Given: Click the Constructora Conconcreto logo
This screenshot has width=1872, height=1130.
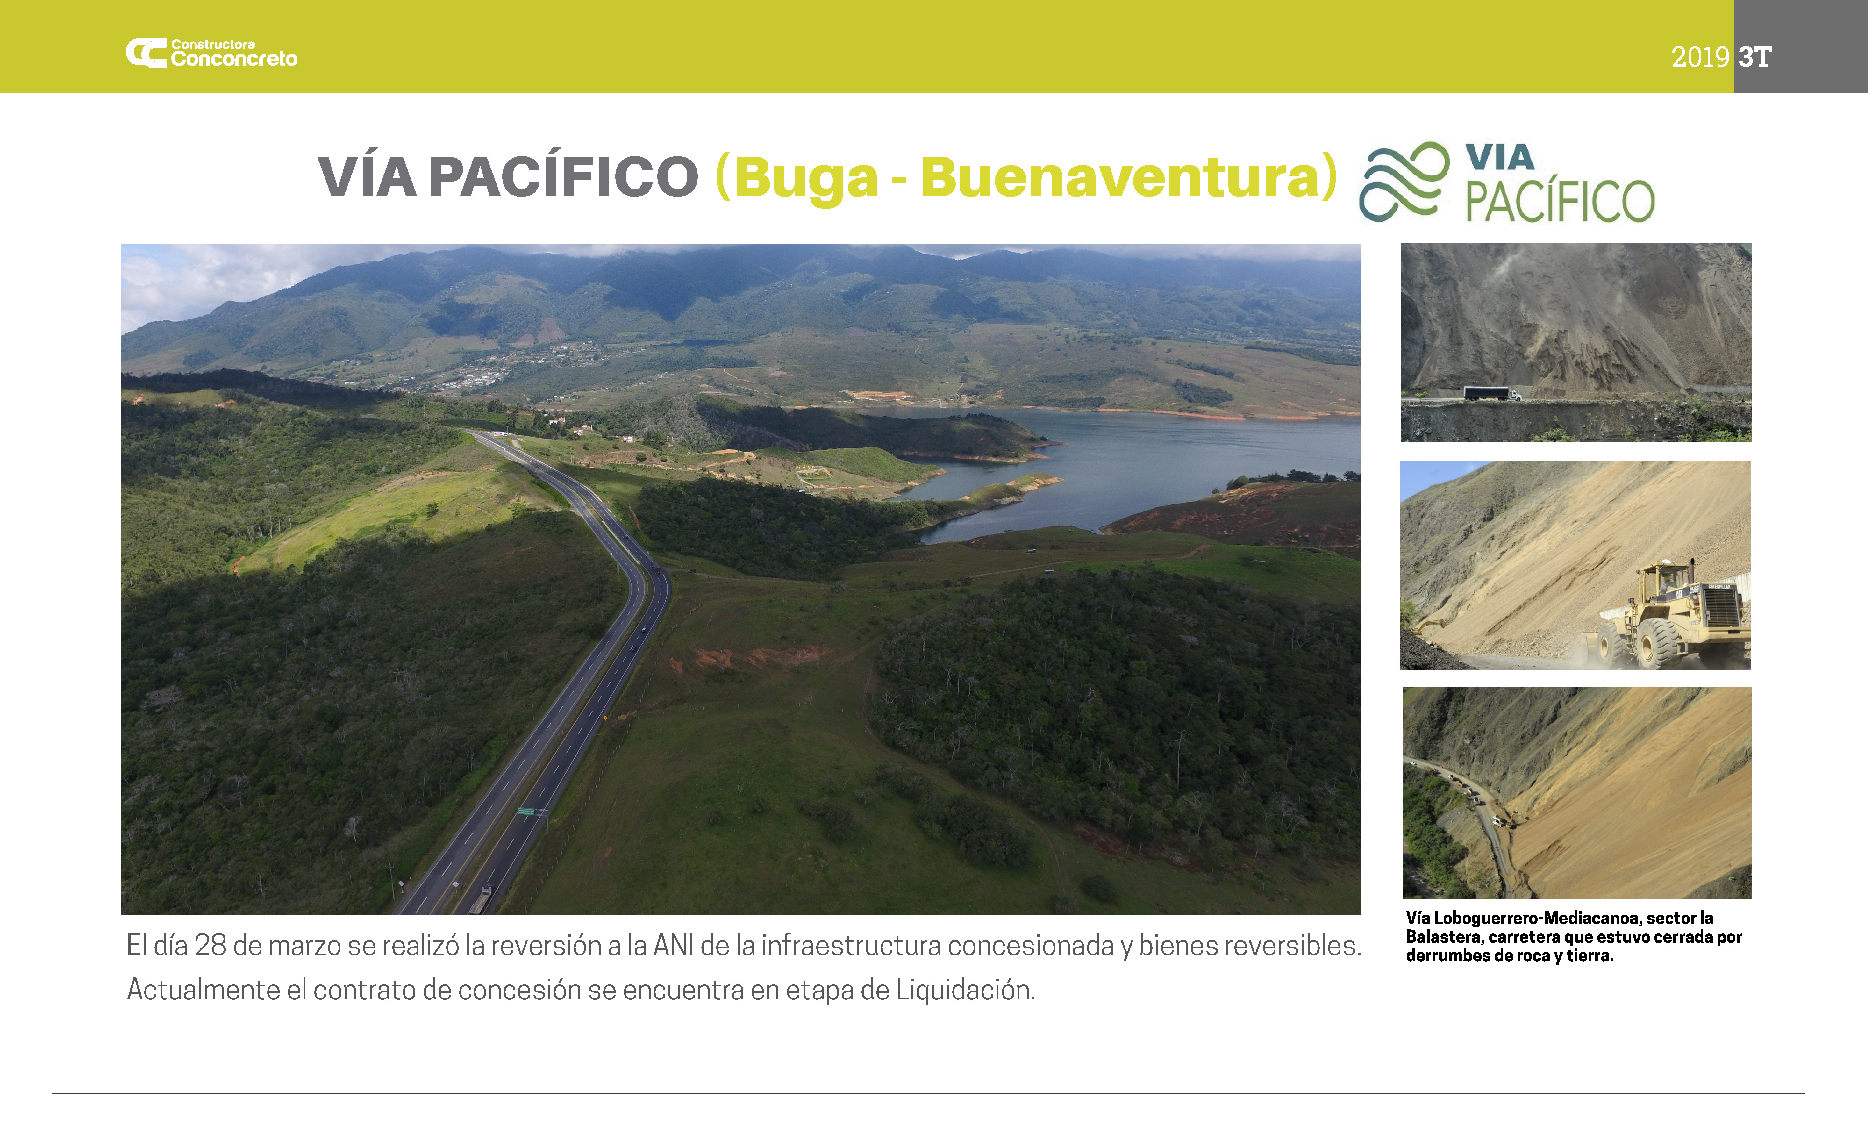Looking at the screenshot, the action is (x=211, y=53).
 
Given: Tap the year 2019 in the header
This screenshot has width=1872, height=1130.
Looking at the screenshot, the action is (x=1699, y=57).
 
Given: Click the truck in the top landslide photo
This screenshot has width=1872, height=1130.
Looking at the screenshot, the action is (x=1492, y=394).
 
